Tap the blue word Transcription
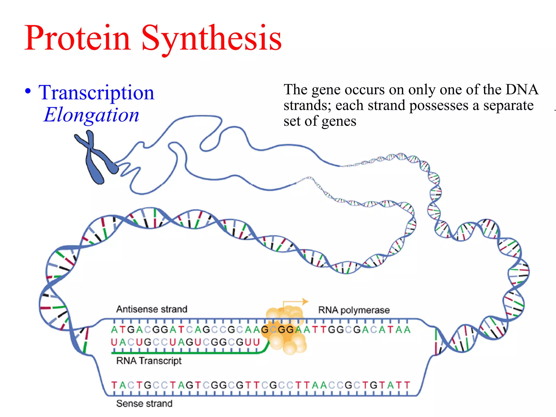(96, 93)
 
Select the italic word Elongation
(91, 115)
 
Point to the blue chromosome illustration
(95, 157)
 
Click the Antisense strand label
(152, 309)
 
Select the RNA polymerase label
(354, 310)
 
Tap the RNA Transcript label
(149, 361)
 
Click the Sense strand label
(144, 404)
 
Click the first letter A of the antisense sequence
(114, 330)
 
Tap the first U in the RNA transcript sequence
(114, 342)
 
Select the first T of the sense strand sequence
(114, 385)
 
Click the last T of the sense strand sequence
(407, 385)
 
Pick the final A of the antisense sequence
(407, 330)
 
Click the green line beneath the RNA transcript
(185, 353)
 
